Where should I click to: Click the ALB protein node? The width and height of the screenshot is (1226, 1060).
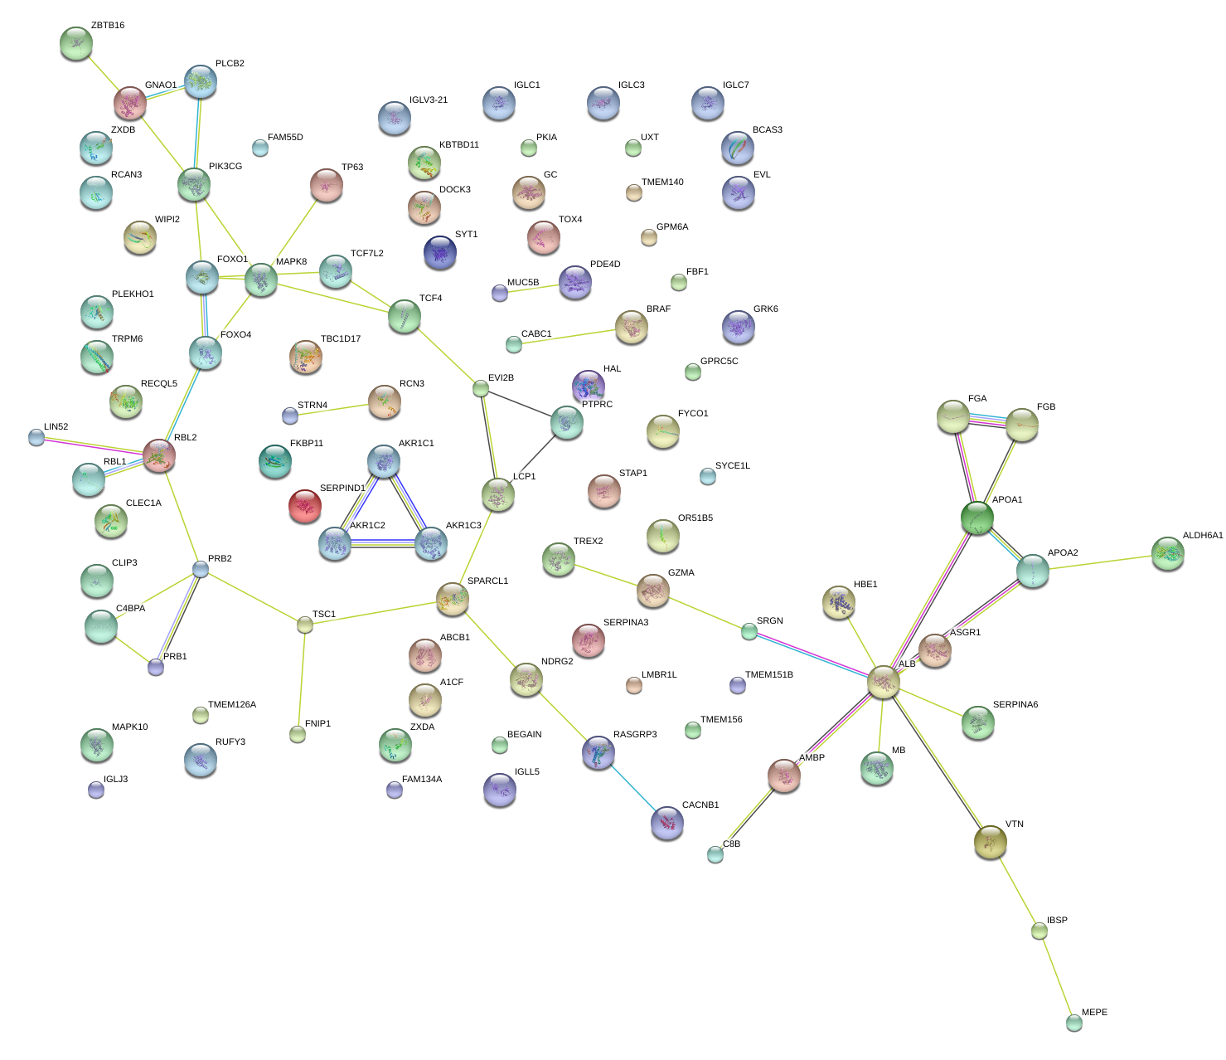pos(883,682)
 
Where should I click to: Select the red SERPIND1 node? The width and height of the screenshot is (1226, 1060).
pos(304,506)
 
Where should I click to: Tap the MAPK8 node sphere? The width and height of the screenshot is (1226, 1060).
pos(261,280)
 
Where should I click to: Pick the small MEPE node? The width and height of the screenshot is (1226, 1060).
pos(1074,1023)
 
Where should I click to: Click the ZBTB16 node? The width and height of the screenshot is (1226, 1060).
pos(76,43)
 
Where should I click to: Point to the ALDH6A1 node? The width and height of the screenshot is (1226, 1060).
pos(1168,553)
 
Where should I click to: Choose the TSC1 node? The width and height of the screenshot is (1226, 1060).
pos(305,625)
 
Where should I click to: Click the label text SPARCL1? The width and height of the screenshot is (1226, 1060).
pos(487,581)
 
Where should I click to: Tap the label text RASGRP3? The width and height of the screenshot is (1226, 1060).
pos(635,734)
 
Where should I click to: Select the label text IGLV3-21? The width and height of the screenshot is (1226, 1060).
pos(429,100)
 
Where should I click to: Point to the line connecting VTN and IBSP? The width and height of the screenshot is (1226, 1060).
pos(1015,887)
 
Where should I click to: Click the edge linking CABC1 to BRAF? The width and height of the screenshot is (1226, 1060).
pos(572,336)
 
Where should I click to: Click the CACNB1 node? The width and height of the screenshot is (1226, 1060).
pos(667,822)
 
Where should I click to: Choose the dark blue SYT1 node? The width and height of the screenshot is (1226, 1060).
pos(439,252)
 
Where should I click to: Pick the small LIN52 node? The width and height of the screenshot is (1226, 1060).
pos(36,437)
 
